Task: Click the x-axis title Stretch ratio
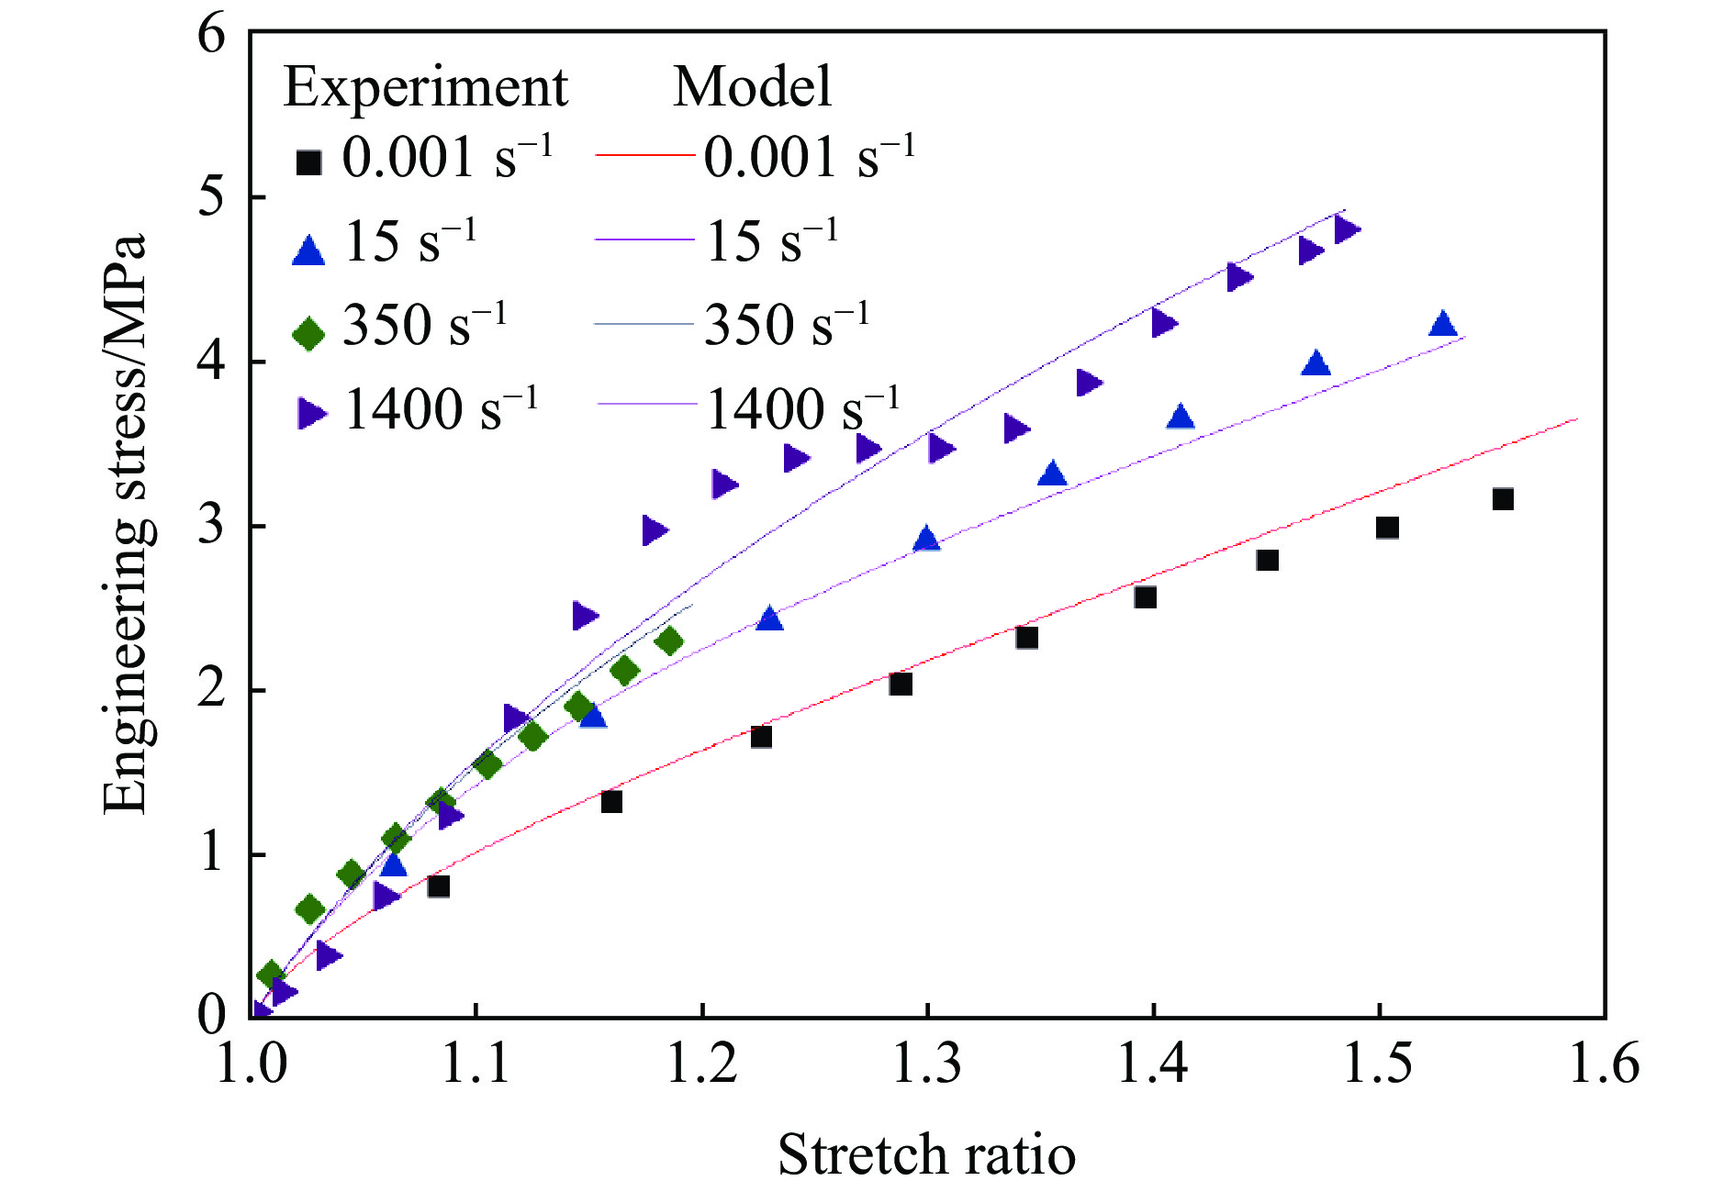point(926,1153)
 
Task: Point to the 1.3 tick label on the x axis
point(927,1064)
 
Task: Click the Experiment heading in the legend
point(426,88)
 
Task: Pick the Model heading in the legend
point(752,88)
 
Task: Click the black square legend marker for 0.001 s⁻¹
point(308,163)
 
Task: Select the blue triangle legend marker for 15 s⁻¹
point(308,250)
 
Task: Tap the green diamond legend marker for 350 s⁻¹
point(308,332)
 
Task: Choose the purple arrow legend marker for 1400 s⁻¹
point(311,414)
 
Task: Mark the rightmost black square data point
point(1502,499)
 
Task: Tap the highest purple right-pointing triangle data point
point(1346,229)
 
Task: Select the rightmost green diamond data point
point(670,641)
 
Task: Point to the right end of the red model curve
point(1576,419)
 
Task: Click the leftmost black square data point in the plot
point(438,886)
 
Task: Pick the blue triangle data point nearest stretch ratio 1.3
point(926,540)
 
